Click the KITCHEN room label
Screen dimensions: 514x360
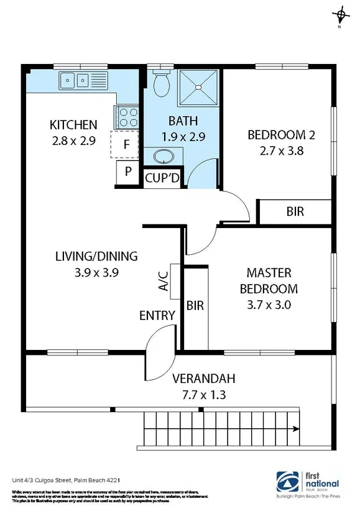pyautogui.click(x=73, y=125)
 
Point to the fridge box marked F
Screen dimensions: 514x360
pyautogui.click(x=126, y=145)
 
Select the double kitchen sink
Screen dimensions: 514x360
pyautogui.click(x=75, y=80)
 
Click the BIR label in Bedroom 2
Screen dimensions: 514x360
pyautogui.click(x=295, y=212)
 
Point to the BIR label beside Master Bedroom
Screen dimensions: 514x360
pyautogui.click(x=195, y=306)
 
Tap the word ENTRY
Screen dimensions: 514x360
pyautogui.click(x=157, y=316)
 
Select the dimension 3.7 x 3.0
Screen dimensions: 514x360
pyautogui.click(x=269, y=305)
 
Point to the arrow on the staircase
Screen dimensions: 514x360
pyautogui.click(x=296, y=428)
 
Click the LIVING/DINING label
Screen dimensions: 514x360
pyautogui.click(x=96, y=256)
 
